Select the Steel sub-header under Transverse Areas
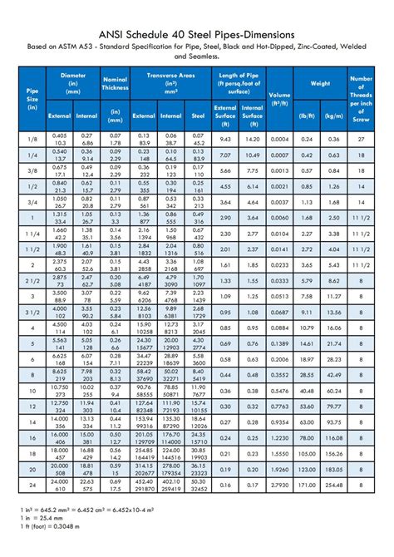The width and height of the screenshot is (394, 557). (198, 116)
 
